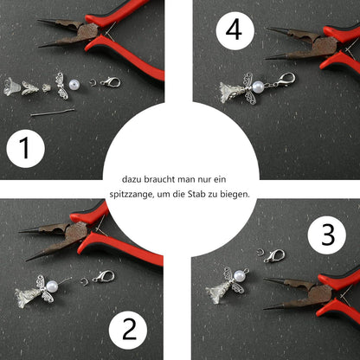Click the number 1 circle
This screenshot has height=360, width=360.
(x=25, y=148)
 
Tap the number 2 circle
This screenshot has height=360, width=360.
(x=129, y=329)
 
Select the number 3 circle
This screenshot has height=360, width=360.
(x=327, y=234)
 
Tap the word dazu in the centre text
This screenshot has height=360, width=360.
(x=135, y=177)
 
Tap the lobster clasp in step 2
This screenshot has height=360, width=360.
(x=104, y=277)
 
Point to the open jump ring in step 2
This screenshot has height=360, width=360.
(x=83, y=279)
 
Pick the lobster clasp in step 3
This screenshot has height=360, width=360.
(x=274, y=257)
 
